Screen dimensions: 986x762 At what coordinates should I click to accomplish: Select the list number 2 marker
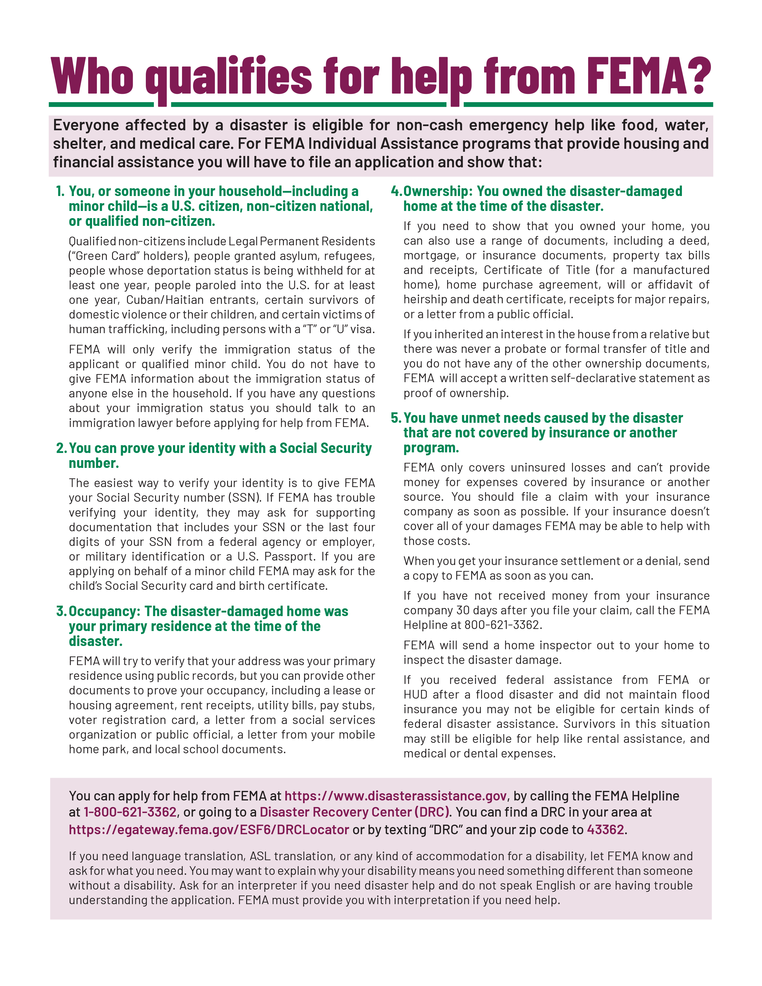coord(61,448)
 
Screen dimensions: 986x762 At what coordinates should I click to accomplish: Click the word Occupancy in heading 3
coord(104,611)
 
